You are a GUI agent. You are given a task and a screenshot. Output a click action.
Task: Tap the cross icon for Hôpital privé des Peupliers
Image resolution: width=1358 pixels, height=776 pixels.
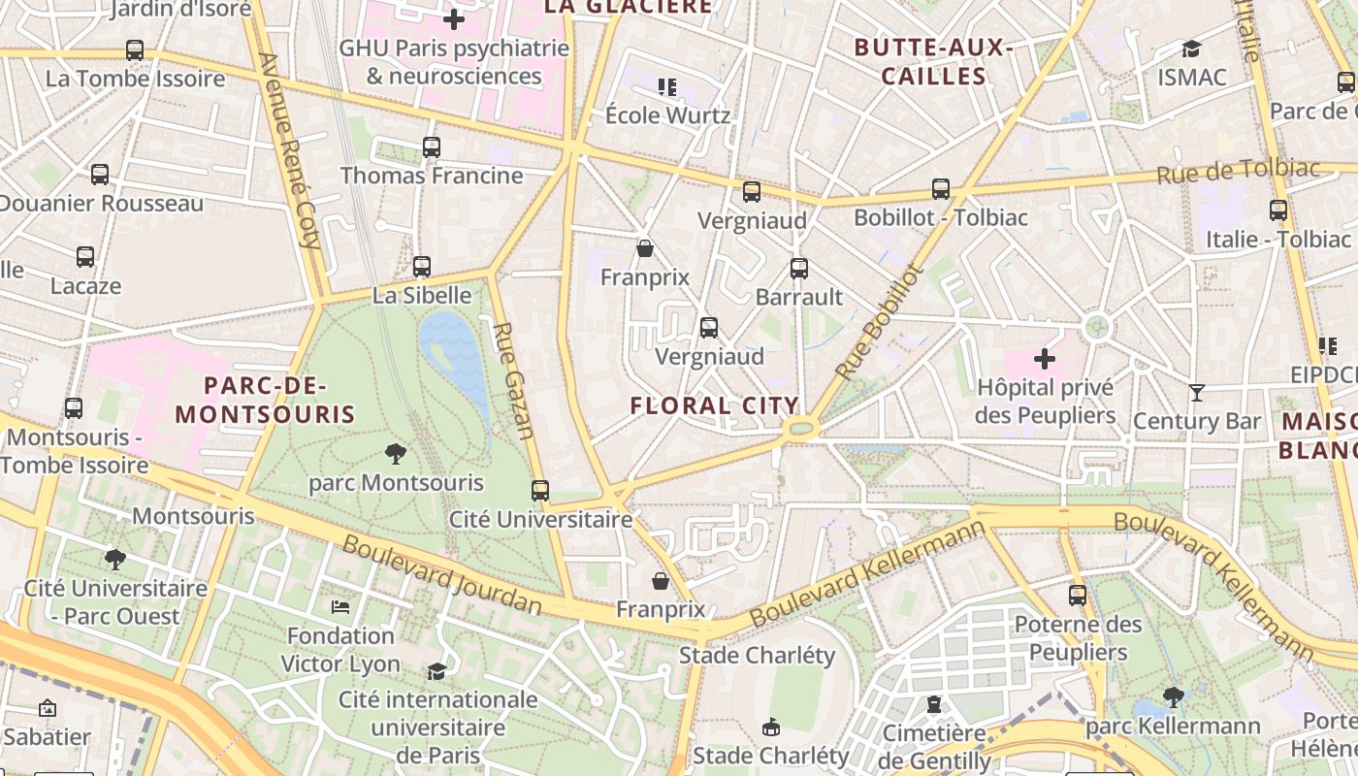1044,359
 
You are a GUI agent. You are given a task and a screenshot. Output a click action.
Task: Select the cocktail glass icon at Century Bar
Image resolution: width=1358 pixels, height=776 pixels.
1197,392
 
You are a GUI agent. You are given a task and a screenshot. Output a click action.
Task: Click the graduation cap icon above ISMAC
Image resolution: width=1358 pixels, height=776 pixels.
1191,48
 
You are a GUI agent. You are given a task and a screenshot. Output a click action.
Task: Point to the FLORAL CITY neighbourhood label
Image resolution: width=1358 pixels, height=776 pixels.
715,405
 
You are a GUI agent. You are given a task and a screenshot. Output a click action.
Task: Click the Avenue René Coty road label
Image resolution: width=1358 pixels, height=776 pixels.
290,150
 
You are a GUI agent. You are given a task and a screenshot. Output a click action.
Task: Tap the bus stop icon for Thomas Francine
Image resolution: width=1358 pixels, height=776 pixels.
432,147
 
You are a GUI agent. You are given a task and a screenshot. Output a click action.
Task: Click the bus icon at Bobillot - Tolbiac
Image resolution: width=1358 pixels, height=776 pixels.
940,189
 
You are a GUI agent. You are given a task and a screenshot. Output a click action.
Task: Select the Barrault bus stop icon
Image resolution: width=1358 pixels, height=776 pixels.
798,269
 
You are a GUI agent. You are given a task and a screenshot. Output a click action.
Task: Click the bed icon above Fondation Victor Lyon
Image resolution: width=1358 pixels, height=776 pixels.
340,606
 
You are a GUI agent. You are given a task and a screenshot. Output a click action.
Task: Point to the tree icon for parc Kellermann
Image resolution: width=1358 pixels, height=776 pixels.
1173,696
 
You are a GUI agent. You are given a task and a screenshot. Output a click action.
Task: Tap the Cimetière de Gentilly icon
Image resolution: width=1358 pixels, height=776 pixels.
933,703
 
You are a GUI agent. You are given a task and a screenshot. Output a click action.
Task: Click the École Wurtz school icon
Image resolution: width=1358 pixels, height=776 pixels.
666,87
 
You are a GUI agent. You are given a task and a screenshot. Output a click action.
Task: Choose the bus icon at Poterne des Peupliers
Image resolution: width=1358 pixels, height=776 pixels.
1077,596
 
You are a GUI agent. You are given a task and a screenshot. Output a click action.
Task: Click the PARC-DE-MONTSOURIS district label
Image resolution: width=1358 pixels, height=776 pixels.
265,400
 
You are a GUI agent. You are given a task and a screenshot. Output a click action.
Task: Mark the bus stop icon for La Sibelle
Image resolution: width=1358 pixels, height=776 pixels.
421,267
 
